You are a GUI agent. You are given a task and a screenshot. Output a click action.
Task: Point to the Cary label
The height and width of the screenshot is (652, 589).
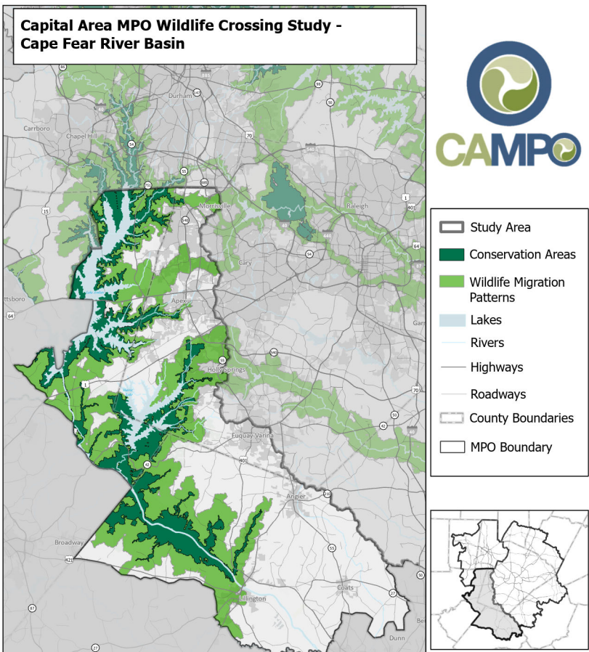pyautogui.click(x=245, y=262)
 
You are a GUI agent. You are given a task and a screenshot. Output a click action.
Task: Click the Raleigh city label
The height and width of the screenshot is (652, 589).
pyautogui.click(x=357, y=205)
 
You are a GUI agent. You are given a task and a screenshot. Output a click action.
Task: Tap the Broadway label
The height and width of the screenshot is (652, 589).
pyautogui.click(x=69, y=542)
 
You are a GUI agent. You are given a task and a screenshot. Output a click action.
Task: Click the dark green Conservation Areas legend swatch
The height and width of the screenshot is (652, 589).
pyautogui.click(x=451, y=254)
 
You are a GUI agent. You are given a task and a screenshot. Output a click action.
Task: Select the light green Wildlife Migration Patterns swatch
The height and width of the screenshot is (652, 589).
pyautogui.click(x=451, y=281)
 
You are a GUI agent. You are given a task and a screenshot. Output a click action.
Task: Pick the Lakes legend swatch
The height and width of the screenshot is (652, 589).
pyautogui.click(x=451, y=319)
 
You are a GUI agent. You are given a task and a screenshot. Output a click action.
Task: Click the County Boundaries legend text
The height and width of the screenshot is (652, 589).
pyautogui.click(x=521, y=418)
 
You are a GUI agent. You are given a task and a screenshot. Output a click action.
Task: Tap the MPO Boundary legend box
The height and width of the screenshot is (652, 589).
pyautogui.click(x=451, y=447)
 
